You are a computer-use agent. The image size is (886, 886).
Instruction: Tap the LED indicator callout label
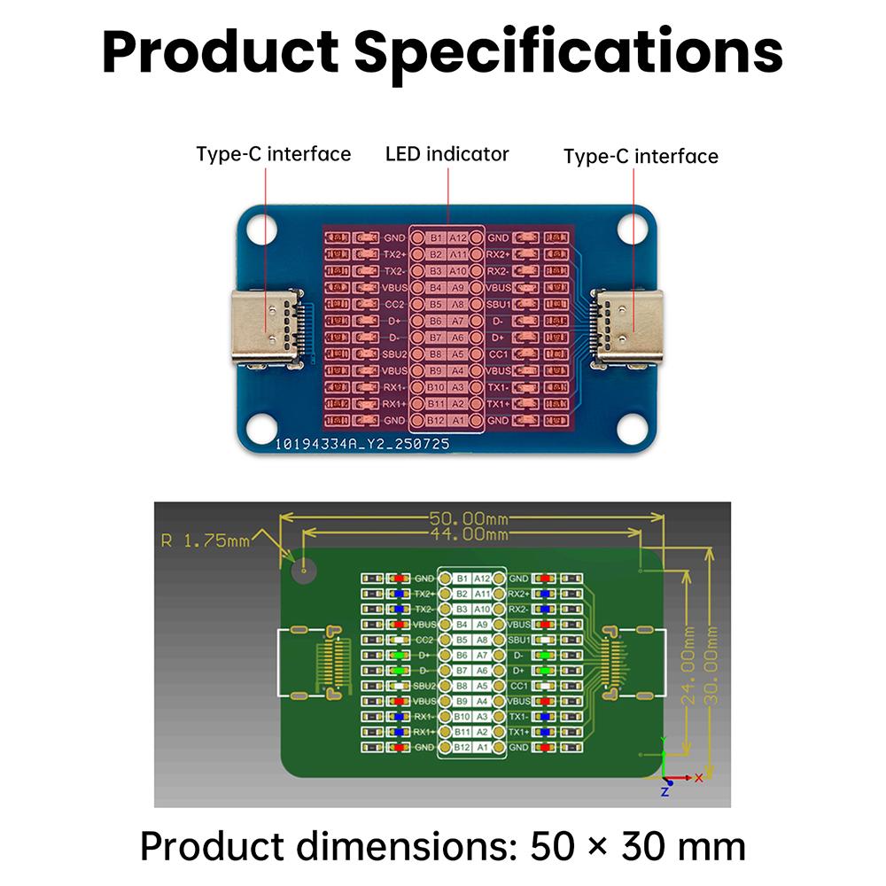[447, 154]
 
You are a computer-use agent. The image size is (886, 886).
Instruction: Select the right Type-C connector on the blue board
[631, 329]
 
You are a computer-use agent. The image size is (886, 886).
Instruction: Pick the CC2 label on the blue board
[394, 304]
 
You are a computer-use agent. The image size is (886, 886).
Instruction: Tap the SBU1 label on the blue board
[499, 304]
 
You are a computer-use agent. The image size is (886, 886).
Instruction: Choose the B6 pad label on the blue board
[435, 321]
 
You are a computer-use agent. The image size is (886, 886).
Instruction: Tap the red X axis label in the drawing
[699, 777]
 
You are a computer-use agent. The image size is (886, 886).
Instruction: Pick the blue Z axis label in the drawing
[664, 791]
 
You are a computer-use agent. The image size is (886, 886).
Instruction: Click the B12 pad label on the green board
[461, 748]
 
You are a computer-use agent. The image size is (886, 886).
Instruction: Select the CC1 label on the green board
[519, 686]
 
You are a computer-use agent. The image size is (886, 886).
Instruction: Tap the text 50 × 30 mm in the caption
[638, 847]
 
